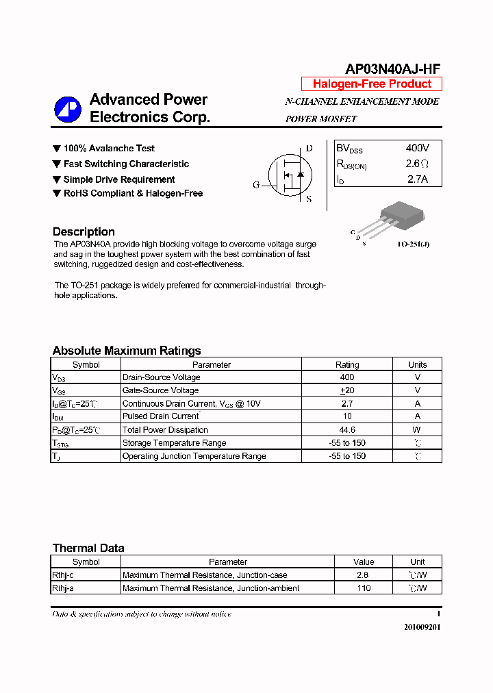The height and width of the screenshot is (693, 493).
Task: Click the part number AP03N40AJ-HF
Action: click(x=392, y=68)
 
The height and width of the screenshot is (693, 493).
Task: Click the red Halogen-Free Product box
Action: click(x=372, y=84)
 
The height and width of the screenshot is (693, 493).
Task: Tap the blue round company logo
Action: click(x=68, y=109)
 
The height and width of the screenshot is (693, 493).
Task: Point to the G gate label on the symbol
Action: click(x=256, y=185)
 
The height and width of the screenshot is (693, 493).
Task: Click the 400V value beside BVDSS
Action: click(x=417, y=148)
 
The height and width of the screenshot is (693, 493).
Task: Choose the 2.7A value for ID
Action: click(x=417, y=179)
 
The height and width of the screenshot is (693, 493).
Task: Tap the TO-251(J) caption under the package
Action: click(x=414, y=244)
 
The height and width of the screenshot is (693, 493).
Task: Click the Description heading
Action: click(x=84, y=231)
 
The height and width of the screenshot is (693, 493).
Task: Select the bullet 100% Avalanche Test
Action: click(x=108, y=149)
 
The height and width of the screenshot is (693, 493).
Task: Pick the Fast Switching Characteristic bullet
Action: click(x=125, y=164)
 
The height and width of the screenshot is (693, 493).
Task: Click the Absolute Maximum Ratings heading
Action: click(x=127, y=351)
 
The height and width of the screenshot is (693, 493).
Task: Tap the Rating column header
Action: click(x=347, y=365)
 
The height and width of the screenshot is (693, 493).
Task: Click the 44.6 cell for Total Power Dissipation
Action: click(x=347, y=430)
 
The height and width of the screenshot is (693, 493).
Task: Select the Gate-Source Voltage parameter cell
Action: click(x=160, y=390)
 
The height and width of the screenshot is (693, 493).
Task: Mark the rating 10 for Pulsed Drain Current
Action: click(x=347, y=416)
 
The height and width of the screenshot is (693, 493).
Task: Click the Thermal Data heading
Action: click(x=88, y=548)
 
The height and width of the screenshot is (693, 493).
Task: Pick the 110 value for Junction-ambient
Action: click(x=364, y=588)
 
